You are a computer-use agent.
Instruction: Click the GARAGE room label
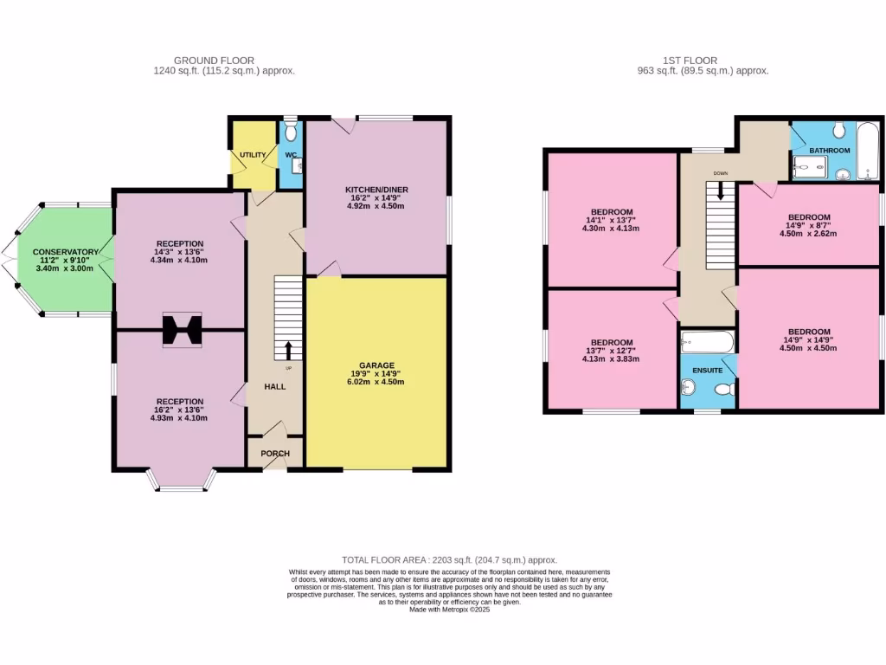coord(377,365)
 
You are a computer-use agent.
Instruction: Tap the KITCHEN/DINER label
coord(377,189)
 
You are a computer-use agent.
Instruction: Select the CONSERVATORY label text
coord(67,252)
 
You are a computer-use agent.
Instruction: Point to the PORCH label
coord(275,454)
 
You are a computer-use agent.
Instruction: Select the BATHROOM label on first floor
coord(829,151)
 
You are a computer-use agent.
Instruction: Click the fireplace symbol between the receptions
coord(182,330)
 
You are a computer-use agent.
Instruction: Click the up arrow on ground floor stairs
coord(288,350)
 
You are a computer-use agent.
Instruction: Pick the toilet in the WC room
coord(290,132)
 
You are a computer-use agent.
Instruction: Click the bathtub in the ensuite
coord(708,342)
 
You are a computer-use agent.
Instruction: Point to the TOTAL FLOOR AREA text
coord(449,560)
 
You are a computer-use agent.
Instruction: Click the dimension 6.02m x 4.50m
coord(377,382)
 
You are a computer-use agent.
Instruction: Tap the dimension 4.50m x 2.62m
coord(809,233)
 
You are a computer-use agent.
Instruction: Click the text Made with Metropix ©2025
coord(449,610)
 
